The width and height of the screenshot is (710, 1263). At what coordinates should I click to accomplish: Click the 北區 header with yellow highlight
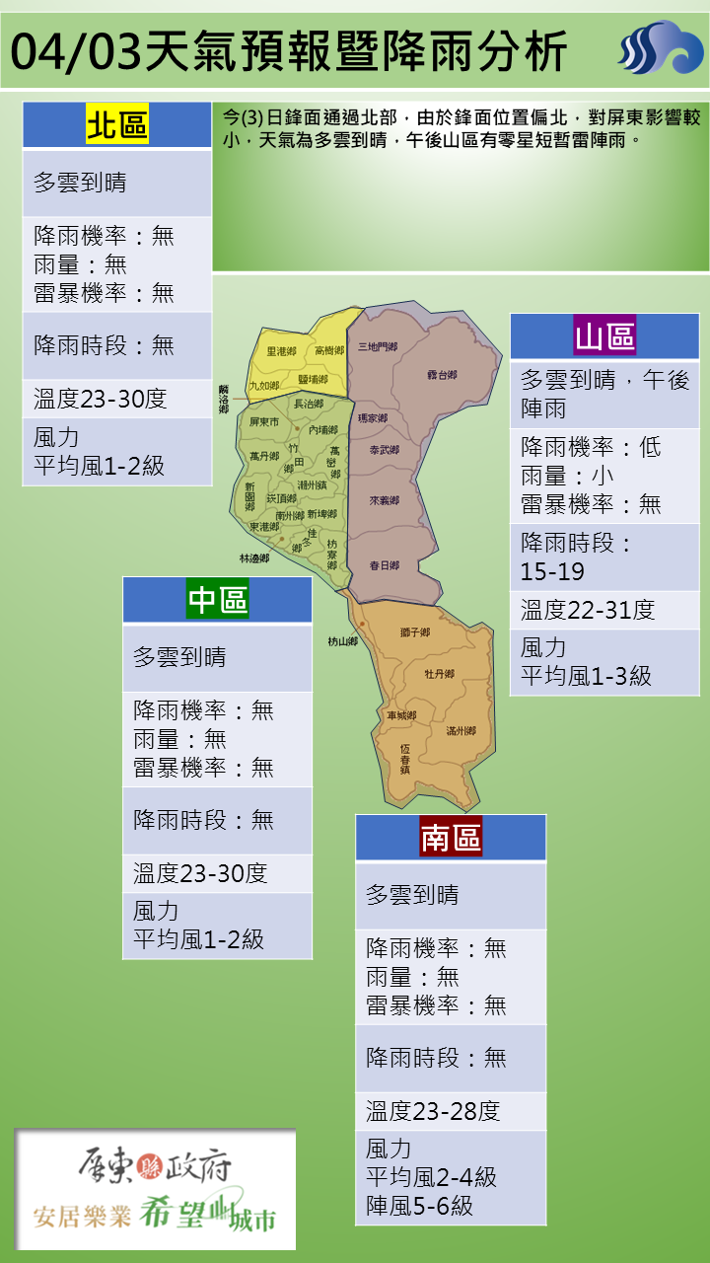coord(117,125)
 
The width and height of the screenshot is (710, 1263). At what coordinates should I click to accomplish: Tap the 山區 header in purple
coord(604,336)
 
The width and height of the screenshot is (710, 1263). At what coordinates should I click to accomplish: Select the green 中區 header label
coord(217,599)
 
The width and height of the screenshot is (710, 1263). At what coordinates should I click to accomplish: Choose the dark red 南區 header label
coord(451,838)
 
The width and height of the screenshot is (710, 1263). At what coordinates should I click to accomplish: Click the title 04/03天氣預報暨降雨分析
coord(292,51)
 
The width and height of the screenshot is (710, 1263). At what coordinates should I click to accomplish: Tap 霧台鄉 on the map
coord(442,375)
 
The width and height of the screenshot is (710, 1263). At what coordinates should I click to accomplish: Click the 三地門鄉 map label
coord(378,347)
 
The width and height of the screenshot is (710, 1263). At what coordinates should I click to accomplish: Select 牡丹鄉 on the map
coord(439,674)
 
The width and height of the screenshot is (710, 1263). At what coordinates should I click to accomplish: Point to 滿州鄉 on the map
coord(461,731)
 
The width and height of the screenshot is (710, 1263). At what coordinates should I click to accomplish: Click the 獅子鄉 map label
coord(415,631)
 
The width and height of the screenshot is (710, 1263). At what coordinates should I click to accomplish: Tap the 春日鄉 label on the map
coord(384,565)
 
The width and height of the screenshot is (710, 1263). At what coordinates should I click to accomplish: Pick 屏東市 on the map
coord(264,422)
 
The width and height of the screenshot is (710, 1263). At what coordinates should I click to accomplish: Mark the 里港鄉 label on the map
coord(281,351)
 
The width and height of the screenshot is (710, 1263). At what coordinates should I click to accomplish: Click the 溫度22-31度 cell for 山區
coord(588,610)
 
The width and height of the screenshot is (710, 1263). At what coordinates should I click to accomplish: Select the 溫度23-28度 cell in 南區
coord(434,1111)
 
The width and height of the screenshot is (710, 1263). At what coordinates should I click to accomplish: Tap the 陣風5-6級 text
coord(419,1205)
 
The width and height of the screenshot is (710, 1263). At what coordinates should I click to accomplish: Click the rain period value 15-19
coord(552,571)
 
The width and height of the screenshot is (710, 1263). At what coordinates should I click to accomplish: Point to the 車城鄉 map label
coord(401,715)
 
